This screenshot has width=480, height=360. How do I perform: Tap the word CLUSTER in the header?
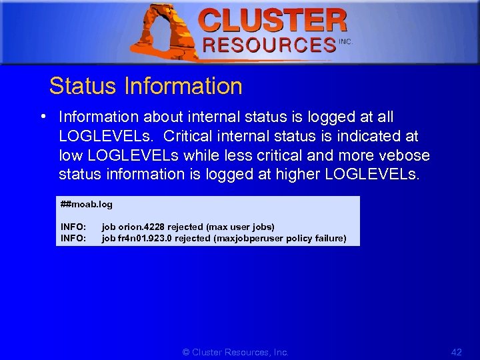click(273, 21)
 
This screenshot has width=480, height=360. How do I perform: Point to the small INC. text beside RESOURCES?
click(345, 41)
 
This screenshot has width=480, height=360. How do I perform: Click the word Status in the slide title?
click(83, 86)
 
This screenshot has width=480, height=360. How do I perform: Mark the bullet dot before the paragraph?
click(43, 117)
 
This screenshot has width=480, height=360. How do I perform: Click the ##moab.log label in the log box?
click(87, 205)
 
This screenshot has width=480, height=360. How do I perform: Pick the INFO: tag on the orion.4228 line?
click(73, 227)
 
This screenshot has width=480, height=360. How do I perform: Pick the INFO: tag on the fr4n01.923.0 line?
click(73, 238)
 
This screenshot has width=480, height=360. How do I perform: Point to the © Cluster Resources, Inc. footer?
click(235, 352)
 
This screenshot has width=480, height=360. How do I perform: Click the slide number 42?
click(456, 352)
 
